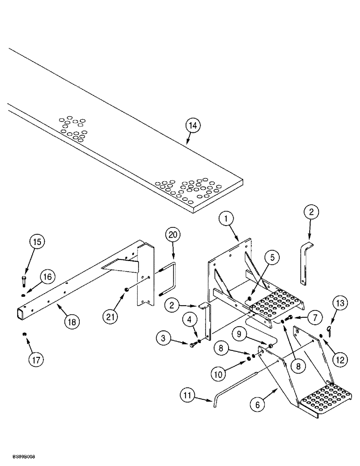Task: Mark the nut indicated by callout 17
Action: coord(23,334)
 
